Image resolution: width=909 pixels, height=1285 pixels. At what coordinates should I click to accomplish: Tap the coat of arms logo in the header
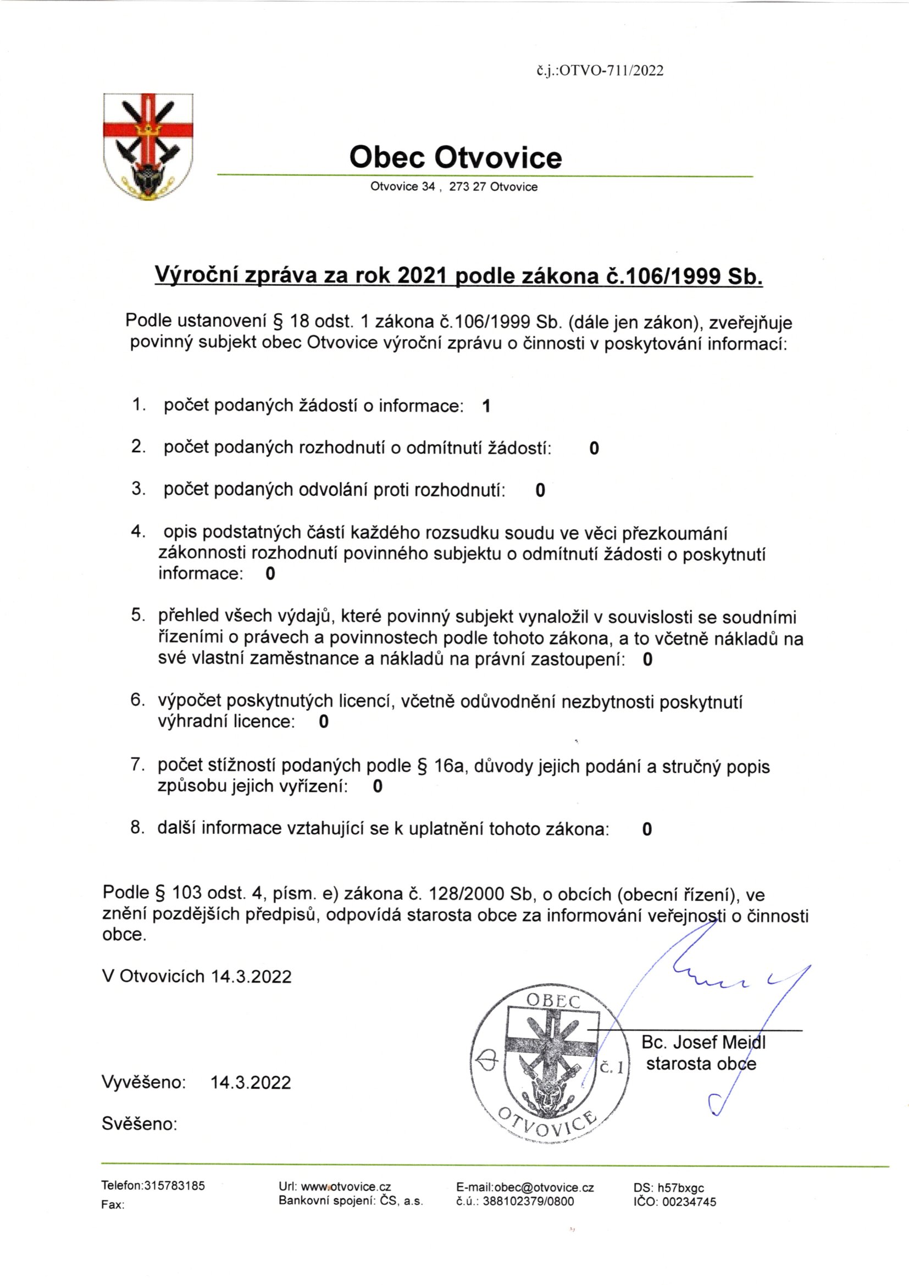pyautogui.click(x=148, y=147)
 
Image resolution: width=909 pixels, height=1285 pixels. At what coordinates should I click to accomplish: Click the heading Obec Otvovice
pyautogui.click(x=455, y=158)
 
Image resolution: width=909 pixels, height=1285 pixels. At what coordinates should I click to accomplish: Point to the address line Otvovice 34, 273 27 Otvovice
pyautogui.click(x=453, y=187)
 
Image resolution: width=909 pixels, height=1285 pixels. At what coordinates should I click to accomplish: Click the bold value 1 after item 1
pyautogui.click(x=486, y=406)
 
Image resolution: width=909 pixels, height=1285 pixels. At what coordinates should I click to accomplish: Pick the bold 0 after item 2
pyautogui.click(x=594, y=448)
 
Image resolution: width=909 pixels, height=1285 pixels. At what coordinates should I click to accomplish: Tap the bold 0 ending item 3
pyautogui.click(x=540, y=490)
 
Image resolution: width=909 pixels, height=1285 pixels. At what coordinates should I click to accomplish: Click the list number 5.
pyautogui.click(x=137, y=616)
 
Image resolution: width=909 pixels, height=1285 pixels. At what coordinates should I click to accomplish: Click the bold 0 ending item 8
pyautogui.click(x=647, y=829)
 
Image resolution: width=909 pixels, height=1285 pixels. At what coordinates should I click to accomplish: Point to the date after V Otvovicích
pyautogui.click(x=251, y=977)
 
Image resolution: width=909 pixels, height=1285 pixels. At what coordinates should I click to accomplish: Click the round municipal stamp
pyautogui.click(x=551, y=1066)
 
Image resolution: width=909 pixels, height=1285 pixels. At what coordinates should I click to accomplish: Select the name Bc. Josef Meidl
pyautogui.click(x=703, y=1042)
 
